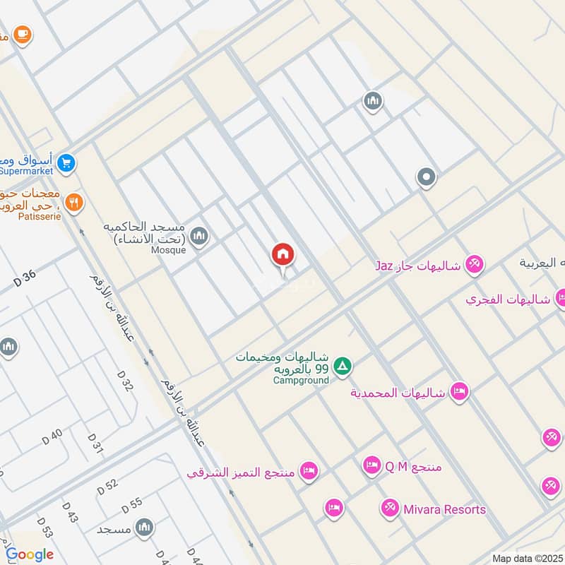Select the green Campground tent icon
343,366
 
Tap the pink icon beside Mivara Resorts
389,508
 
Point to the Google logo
30,554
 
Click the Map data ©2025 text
528,558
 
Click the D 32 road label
124,381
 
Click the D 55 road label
131,505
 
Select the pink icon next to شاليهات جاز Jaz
475,265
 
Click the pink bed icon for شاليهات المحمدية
460,392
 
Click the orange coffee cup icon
23,33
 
